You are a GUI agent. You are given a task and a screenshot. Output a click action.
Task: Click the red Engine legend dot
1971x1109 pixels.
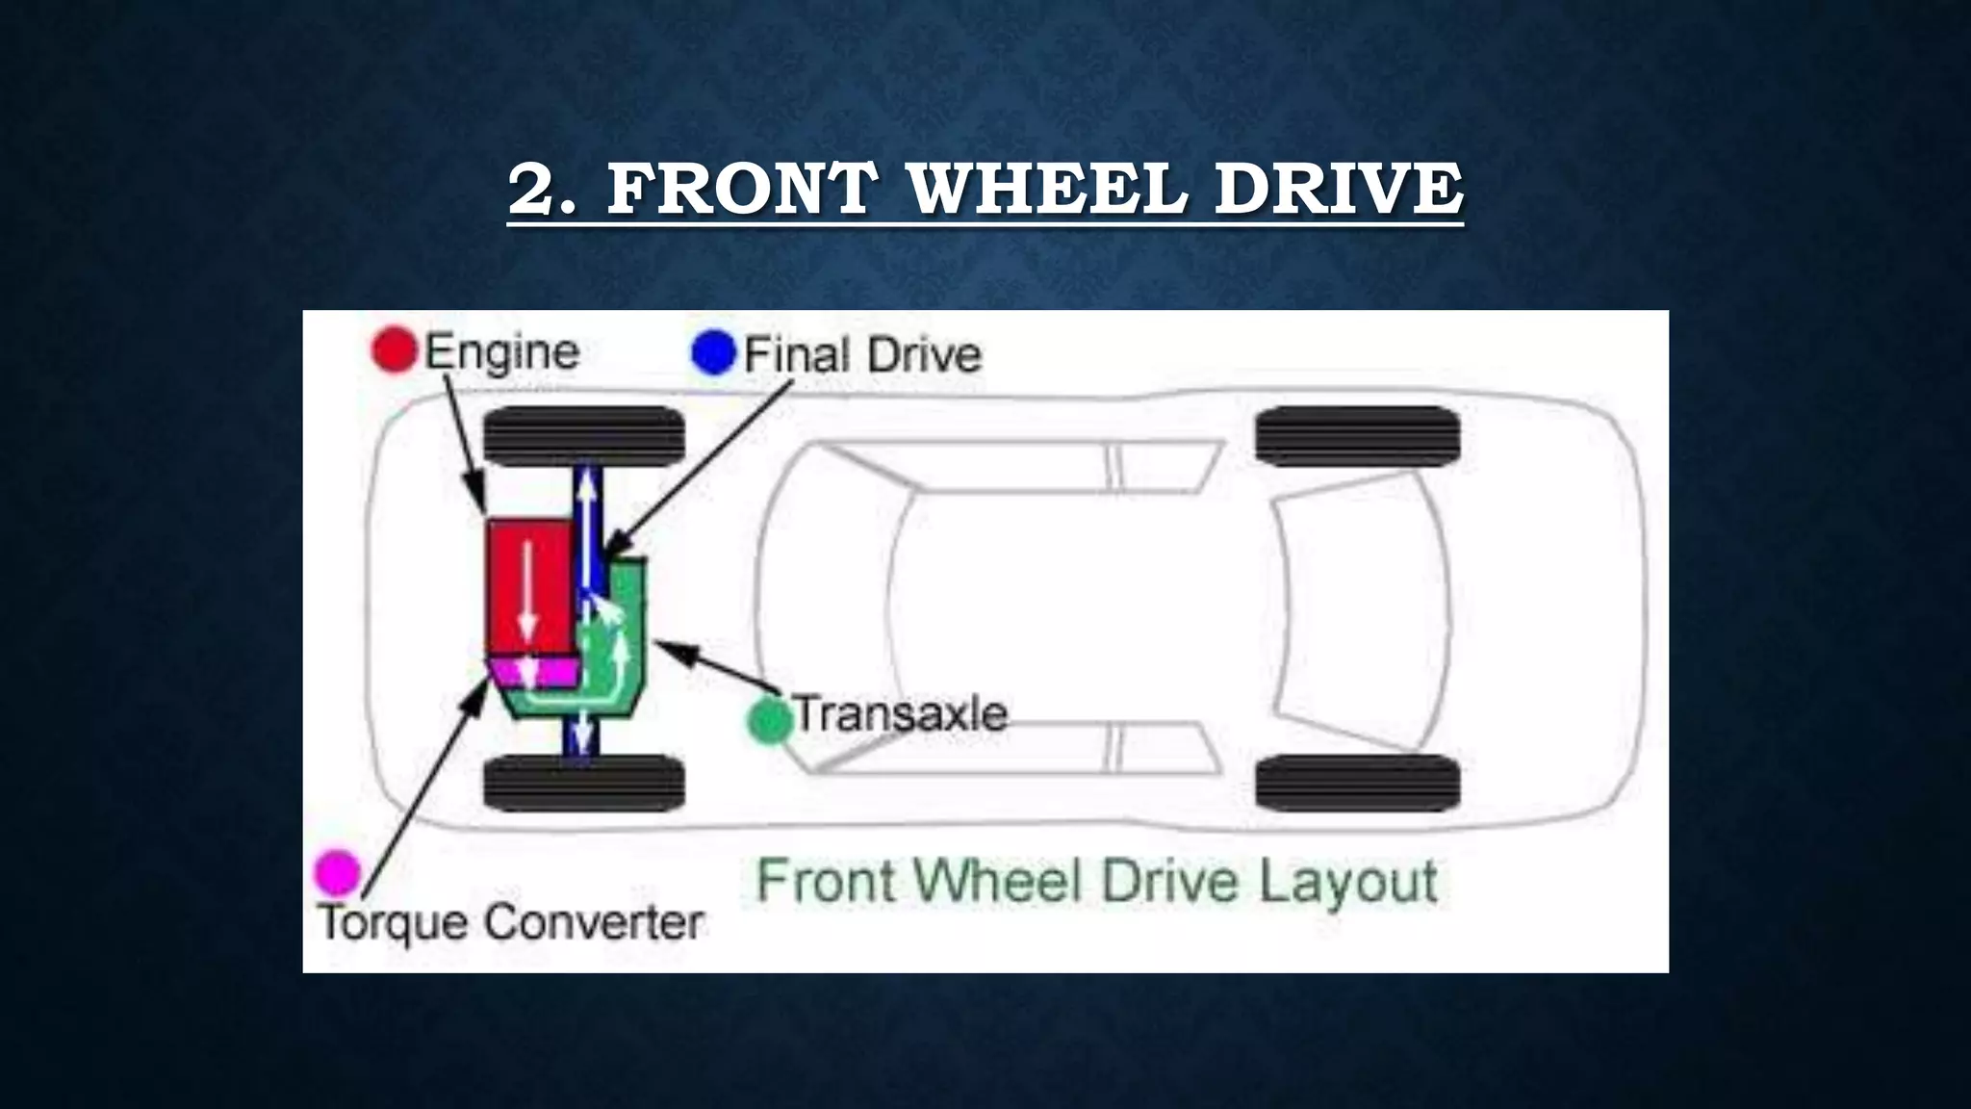pos(394,349)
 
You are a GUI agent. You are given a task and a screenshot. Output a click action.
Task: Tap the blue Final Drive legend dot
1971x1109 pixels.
pos(713,352)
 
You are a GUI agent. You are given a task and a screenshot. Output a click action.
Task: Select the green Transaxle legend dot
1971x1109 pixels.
pos(770,720)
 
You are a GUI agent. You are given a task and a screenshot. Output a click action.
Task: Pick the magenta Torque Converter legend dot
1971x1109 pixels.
pos(338,872)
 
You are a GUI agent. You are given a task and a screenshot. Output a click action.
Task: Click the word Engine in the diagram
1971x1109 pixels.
pos(501,351)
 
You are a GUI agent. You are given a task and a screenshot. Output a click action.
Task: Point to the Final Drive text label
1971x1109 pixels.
pos(862,354)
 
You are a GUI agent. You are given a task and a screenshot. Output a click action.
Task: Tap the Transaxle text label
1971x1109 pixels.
pos(901,714)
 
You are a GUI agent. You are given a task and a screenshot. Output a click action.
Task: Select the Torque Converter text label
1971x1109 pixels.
pos(511,922)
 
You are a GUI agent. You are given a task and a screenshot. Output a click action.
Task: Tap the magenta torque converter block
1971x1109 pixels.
pos(534,671)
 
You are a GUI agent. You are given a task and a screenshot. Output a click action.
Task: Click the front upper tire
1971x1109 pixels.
pos(583,435)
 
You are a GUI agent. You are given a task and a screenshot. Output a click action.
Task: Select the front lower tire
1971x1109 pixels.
pos(583,783)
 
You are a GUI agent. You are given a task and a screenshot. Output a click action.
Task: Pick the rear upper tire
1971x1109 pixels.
pos(1357,435)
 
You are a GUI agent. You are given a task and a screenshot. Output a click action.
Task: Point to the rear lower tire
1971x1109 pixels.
pos(1357,783)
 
